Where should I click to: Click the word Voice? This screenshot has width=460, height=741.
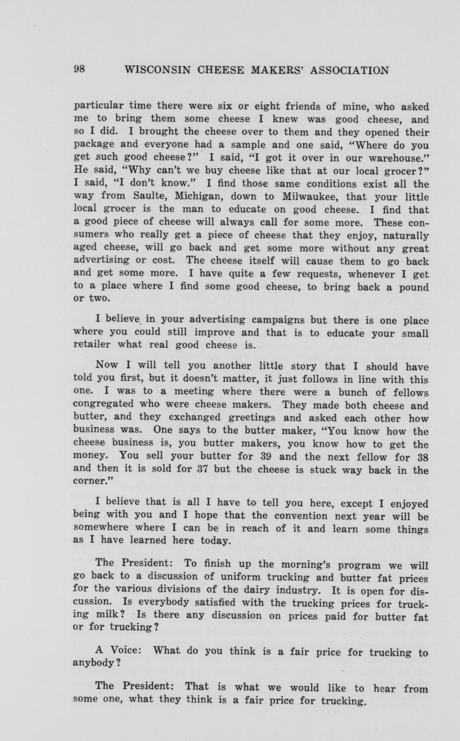tap(125, 650)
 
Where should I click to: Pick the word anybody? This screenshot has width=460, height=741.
tap(94, 663)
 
